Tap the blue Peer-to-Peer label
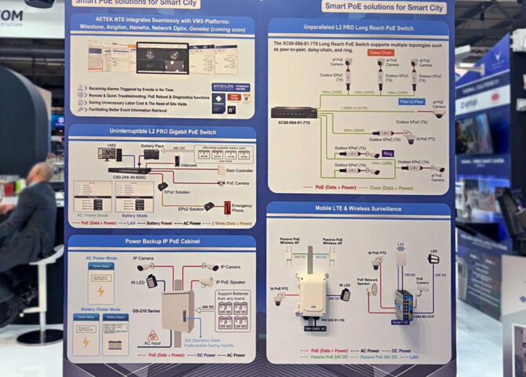click(x=411, y=101)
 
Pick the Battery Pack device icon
click(x=151, y=155)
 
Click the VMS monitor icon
click(x=106, y=154)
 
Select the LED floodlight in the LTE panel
click(x=433, y=258)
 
